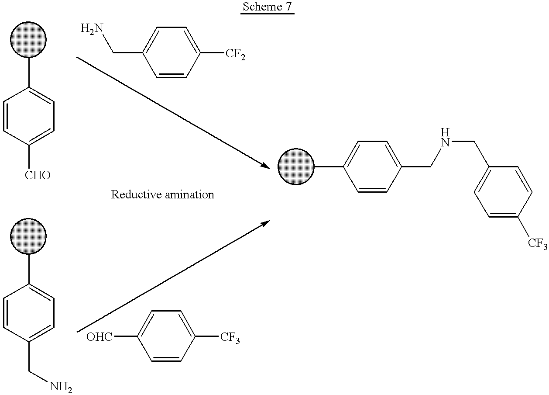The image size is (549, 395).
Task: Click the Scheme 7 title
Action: click(x=268, y=7)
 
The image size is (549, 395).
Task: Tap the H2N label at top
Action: click(x=92, y=29)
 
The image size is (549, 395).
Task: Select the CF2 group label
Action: click(x=235, y=54)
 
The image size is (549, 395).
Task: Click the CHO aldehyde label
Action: click(x=38, y=175)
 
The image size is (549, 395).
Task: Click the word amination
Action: click(x=189, y=194)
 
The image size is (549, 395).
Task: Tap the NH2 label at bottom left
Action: click(x=61, y=387)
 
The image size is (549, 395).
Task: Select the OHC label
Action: click(x=100, y=337)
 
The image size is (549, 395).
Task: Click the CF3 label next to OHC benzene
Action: click(x=230, y=338)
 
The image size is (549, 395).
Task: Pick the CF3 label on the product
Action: click(x=537, y=243)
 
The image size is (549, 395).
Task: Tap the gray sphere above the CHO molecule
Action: click(x=28, y=40)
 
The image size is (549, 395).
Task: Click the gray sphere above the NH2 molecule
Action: click(x=28, y=236)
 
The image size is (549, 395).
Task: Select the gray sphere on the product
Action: click(x=296, y=167)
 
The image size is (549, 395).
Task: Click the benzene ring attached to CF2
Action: click(x=172, y=52)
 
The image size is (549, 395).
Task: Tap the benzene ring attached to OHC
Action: click(x=166, y=336)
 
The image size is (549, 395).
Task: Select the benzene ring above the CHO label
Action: click(x=29, y=116)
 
